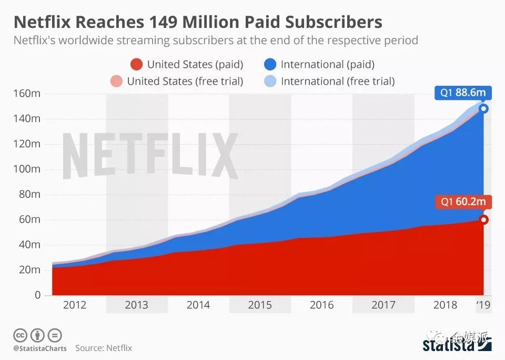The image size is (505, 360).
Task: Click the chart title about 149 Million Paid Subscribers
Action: click(197, 22)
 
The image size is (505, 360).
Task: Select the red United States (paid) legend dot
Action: click(137, 65)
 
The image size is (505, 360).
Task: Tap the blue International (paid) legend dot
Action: click(270, 65)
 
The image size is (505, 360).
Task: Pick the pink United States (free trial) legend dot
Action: click(117, 81)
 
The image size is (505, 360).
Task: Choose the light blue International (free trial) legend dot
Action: click(270, 81)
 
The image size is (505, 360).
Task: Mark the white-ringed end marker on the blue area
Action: click(483, 109)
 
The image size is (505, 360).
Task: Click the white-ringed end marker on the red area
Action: click(483, 219)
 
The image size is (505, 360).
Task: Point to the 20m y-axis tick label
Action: click(30, 270)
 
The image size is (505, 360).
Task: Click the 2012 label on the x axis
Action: click(74, 305)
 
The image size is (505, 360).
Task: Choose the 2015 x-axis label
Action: click(260, 305)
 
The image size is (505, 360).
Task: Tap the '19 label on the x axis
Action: click(483, 305)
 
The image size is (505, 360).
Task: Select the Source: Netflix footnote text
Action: click(104, 348)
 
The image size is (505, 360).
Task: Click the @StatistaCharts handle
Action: click(39, 348)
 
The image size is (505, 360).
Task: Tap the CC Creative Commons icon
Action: click(20, 335)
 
